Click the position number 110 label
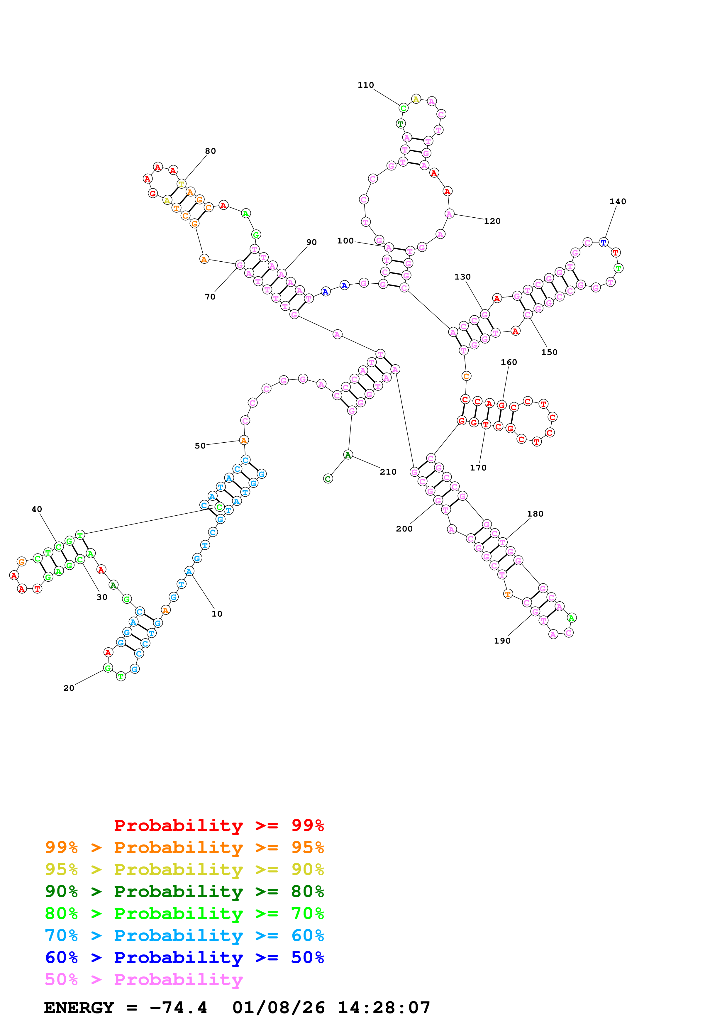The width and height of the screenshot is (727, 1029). (365, 85)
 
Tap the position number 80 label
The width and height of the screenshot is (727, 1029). (211, 151)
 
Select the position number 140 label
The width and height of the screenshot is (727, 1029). (618, 202)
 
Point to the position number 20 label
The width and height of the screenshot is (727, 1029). (69, 688)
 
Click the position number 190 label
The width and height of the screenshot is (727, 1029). (502, 641)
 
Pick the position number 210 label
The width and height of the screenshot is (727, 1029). (388, 472)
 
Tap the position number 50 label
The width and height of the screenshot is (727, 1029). (200, 446)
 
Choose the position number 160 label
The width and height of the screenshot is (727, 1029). (509, 362)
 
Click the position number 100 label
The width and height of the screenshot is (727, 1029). (345, 241)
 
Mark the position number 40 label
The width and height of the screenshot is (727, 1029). (37, 509)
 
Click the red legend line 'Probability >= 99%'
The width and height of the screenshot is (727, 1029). (218, 825)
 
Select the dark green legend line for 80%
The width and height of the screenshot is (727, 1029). (184, 891)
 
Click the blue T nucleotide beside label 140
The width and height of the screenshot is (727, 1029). (603, 243)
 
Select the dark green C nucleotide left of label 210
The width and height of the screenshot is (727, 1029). (328, 479)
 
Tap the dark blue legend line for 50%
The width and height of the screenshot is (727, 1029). (184, 957)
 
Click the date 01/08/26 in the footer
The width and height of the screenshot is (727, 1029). (278, 1008)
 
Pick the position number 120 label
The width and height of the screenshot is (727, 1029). (492, 221)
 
